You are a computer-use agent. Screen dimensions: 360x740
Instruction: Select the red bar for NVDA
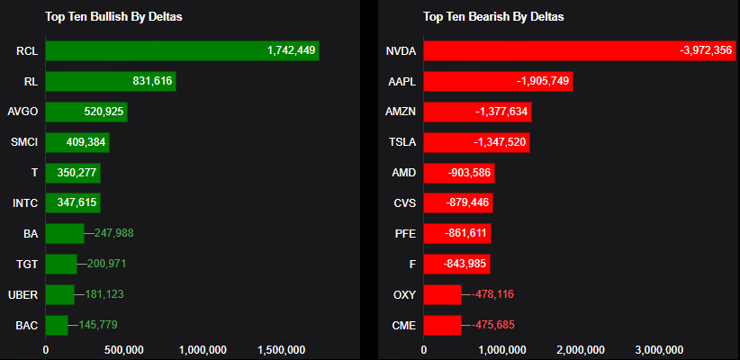coord(576,51)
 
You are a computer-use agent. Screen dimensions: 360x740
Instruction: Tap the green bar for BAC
coord(57,325)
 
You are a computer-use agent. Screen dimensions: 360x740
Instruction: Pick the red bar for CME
coord(442,325)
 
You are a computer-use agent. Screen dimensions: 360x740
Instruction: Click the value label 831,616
coord(152,82)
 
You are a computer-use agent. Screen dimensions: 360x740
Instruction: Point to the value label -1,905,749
coord(543,82)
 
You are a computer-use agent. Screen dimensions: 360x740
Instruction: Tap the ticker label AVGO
coord(22,112)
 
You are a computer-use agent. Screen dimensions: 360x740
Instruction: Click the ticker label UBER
coord(23,294)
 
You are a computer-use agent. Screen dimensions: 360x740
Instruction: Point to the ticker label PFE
coord(405,233)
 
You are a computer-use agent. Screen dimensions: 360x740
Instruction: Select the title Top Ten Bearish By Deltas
coord(494,16)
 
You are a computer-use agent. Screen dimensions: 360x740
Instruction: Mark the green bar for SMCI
coord(77,142)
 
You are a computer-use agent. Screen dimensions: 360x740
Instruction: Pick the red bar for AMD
coord(458,173)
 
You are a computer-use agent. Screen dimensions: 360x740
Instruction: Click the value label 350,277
coord(77,173)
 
